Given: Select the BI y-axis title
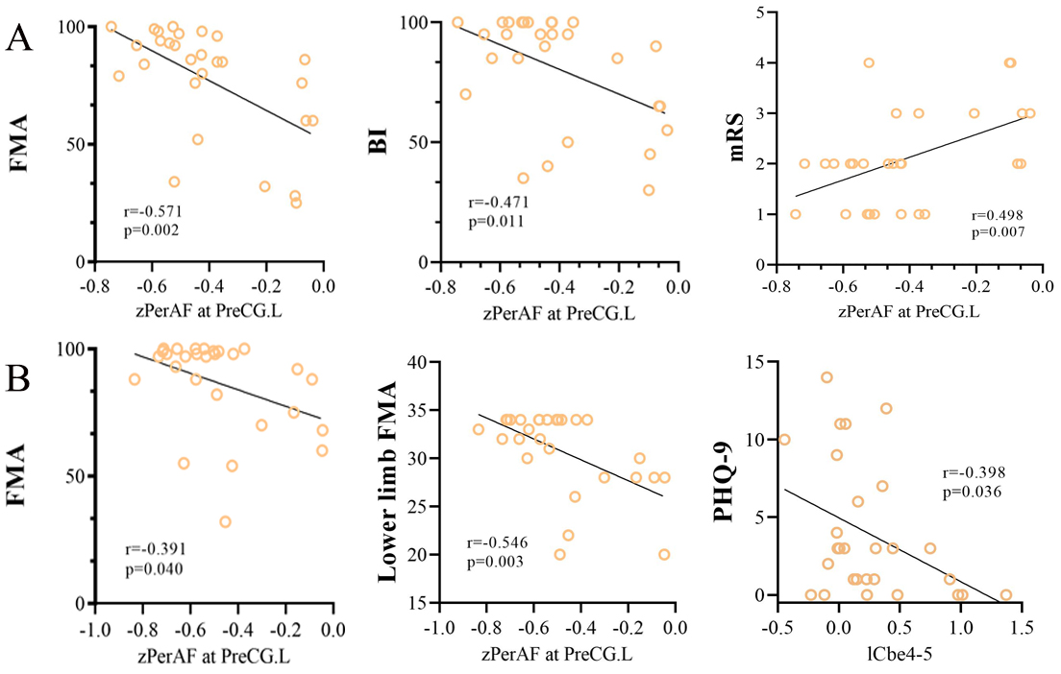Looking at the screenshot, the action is click(378, 141).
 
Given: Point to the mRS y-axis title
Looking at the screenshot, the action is click(736, 136).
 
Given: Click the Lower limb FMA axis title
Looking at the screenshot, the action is click(386, 481).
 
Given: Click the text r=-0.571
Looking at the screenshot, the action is click(153, 211).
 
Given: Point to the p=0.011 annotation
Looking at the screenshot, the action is click(496, 221).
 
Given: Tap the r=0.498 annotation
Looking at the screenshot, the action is click(998, 216).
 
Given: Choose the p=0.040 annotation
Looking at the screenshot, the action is click(154, 568).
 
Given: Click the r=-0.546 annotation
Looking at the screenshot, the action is click(497, 542).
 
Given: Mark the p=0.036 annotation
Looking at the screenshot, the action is click(972, 492).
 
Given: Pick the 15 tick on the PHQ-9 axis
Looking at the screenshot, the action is click(753, 362).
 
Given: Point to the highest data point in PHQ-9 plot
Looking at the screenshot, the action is click(827, 377).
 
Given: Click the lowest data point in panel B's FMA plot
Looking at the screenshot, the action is click(225, 521).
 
